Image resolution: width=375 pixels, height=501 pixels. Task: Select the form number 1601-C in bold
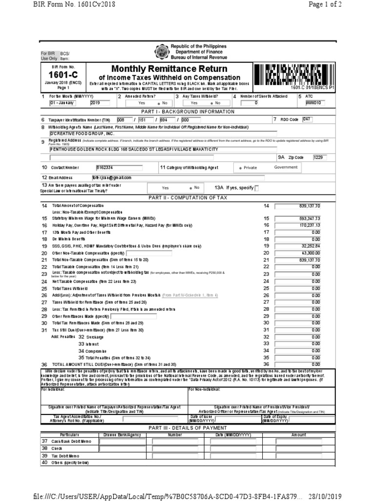[61, 74]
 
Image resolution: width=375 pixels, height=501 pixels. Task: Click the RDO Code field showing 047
[307, 119]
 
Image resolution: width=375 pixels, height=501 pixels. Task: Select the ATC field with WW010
[315, 103]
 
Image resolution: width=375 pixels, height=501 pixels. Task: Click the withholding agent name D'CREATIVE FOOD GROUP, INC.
[83, 133]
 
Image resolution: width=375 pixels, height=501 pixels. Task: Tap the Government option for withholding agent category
[286, 167]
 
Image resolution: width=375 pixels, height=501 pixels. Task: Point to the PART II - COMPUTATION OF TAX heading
[188, 197]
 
